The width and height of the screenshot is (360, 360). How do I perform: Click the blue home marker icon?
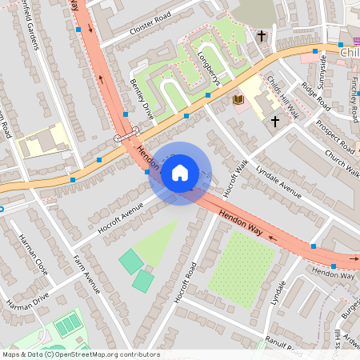point(180,173)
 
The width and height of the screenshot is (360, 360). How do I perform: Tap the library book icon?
point(238,99)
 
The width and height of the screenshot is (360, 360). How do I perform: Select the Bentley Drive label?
point(141,98)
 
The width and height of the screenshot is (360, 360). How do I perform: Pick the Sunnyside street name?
point(323,69)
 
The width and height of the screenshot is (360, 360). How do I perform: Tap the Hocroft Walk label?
point(237,178)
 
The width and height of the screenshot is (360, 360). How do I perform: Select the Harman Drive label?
point(28,301)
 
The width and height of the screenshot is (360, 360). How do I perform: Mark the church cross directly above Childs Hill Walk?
point(261,36)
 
